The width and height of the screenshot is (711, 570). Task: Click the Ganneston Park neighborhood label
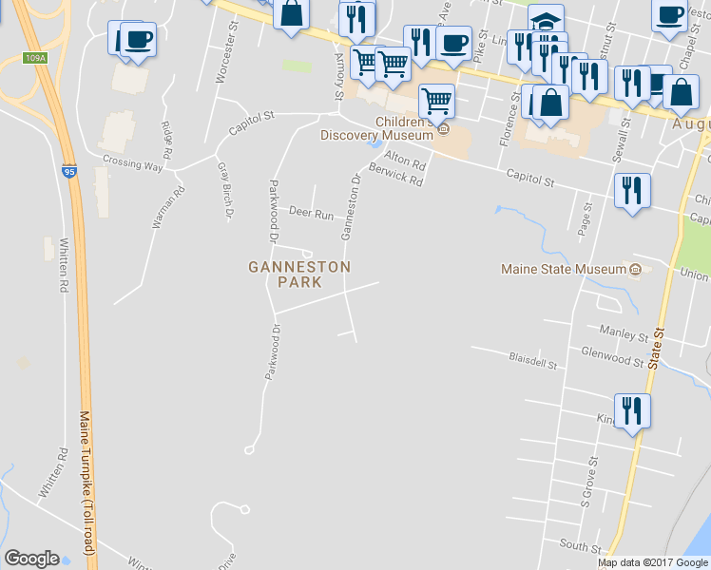click(299, 275)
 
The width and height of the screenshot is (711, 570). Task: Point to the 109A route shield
click(35, 58)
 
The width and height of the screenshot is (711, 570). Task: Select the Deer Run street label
click(311, 213)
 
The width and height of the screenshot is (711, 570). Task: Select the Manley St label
click(624, 334)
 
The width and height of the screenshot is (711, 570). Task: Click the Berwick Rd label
click(395, 180)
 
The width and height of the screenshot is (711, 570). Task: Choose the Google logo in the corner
click(31, 559)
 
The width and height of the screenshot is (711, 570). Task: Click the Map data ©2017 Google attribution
click(653, 562)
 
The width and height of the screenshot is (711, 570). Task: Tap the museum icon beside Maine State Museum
click(636, 270)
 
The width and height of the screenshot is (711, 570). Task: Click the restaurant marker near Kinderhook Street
click(631, 411)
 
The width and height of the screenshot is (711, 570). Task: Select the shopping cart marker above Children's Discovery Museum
click(435, 100)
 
